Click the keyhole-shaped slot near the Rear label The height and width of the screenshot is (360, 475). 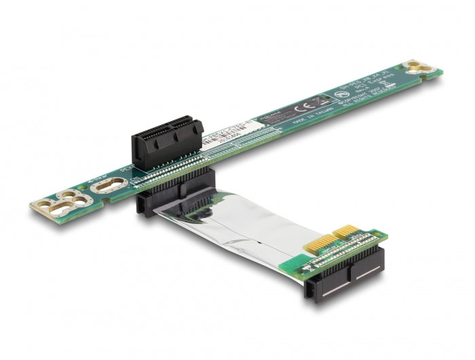click(109, 185)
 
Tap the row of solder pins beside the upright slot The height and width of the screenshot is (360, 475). click(197, 153)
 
